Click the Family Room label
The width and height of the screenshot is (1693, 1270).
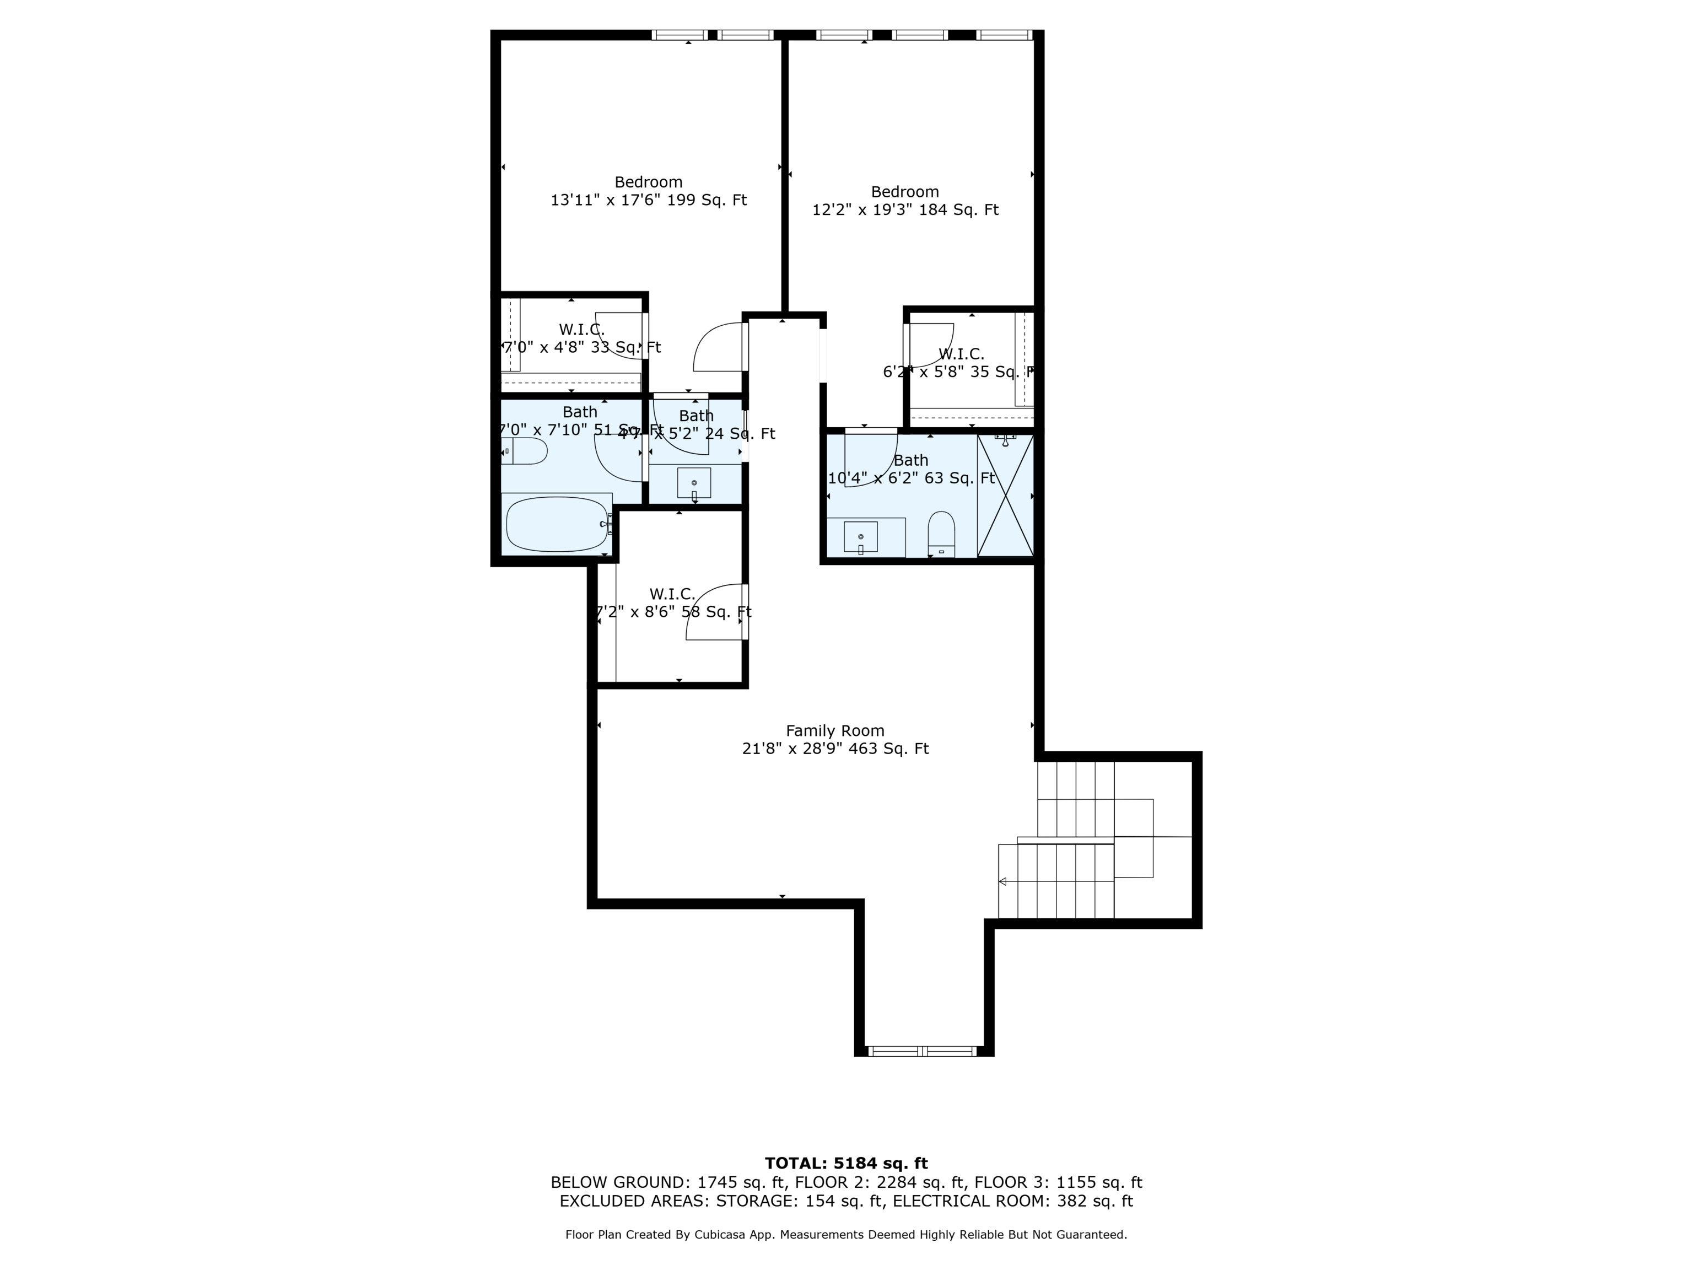[x=835, y=730]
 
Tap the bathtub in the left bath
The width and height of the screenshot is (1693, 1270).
[x=557, y=524]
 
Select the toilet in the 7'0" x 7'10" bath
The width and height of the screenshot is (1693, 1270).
[x=525, y=451]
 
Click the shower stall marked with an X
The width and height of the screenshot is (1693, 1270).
[x=1005, y=496]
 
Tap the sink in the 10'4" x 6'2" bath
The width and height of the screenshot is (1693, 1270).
[x=861, y=537]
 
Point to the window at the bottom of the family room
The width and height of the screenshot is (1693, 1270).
[x=923, y=1051]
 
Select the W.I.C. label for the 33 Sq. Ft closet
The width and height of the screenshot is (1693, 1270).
[x=581, y=329]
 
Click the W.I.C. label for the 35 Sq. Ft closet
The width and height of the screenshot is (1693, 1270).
[x=961, y=354]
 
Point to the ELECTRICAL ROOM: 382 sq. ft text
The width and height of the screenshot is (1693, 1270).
[x=1012, y=1201]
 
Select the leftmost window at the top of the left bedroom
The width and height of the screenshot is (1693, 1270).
[x=680, y=34]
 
